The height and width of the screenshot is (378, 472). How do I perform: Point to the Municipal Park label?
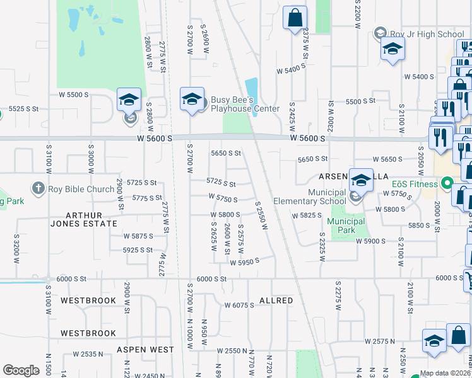click(x=346, y=226)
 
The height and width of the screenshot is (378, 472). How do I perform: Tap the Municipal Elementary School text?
click(x=309, y=197)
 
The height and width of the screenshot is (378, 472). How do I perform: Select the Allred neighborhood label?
click(x=276, y=301)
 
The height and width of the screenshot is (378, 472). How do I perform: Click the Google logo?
click(x=21, y=370)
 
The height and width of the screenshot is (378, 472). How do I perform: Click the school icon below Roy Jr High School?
click(x=392, y=49)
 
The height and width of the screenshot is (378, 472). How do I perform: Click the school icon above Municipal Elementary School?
click(x=361, y=180)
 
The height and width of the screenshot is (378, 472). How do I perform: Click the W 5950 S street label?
click(x=244, y=262)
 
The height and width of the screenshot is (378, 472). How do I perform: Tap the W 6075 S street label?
click(x=239, y=305)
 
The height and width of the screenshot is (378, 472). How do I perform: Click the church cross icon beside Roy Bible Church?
click(x=38, y=188)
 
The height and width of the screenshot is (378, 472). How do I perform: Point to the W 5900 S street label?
click(x=370, y=241)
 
